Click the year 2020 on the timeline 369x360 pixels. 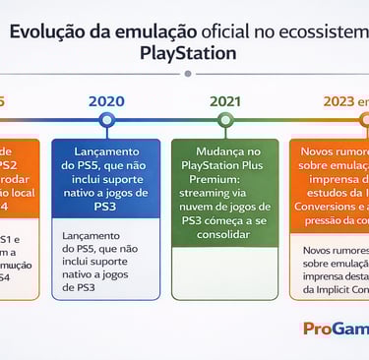[x=106, y=100]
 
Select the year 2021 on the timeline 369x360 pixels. [x=225, y=100]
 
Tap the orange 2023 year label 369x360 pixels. [x=340, y=100]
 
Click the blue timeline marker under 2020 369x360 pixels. [x=106, y=120]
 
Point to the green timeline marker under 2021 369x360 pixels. [x=225, y=120]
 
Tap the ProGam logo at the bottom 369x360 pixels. [x=336, y=330]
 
